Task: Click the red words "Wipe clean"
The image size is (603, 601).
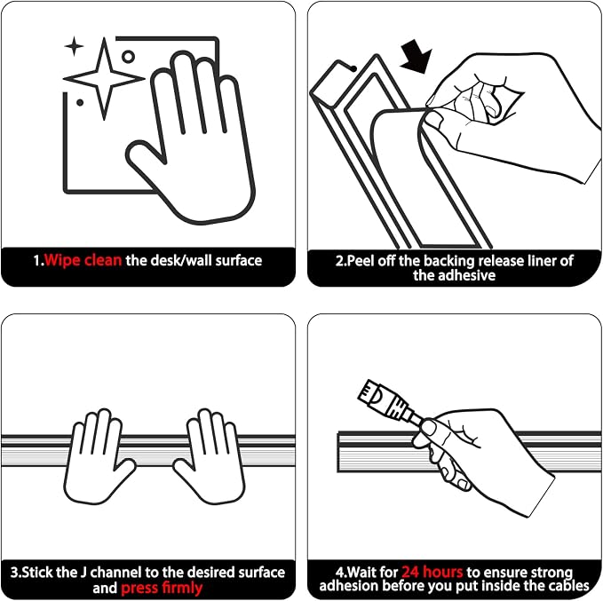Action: (83, 261)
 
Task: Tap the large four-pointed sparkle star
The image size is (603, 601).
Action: (104, 79)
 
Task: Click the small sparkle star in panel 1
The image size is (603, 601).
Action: (75, 46)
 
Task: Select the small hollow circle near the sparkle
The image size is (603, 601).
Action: (128, 57)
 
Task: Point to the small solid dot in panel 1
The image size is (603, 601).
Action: (80, 103)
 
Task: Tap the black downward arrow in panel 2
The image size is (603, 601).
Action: (417, 57)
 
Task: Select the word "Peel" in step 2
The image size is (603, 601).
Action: (361, 261)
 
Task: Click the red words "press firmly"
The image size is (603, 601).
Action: (162, 588)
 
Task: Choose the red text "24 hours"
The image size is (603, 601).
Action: (432, 573)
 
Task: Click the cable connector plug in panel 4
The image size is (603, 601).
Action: (385, 401)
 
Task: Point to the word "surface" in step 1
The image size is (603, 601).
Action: (238, 261)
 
